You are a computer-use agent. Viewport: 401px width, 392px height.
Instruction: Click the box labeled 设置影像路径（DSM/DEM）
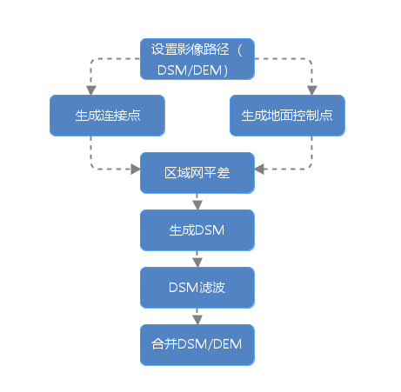coord(197,59)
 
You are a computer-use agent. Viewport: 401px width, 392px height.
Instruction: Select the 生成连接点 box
coord(107,116)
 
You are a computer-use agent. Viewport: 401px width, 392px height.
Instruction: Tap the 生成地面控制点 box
coord(287,116)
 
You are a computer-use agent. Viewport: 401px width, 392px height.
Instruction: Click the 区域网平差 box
coord(197,173)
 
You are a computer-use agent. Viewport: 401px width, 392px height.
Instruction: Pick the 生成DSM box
coord(197,230)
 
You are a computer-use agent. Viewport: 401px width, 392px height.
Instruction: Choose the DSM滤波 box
coord(197,288)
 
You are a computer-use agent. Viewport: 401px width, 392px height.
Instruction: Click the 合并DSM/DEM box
coord(197,345)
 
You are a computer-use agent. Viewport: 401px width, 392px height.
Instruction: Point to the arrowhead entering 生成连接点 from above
coord(91,90)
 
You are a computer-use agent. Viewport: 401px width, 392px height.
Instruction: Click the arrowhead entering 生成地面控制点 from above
coord(312,90)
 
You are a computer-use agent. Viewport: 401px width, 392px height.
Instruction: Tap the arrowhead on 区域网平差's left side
coord(136,169)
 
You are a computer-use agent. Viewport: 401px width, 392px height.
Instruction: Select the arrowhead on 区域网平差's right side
coord(259,169)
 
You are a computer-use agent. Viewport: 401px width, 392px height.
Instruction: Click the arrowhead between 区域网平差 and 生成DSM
coord(197,205)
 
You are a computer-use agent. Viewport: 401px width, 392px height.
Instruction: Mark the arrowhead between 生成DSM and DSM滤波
coord(197,262)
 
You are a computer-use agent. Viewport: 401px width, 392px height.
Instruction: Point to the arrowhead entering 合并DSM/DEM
coord(197,320)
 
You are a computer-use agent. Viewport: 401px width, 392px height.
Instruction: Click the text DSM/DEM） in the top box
coord(193,70)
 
